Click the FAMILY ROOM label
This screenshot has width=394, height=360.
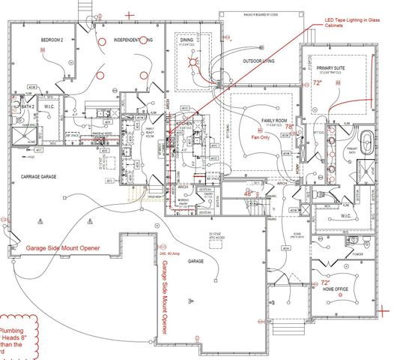pos(269,120)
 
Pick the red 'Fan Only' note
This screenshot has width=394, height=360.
pos(260,138)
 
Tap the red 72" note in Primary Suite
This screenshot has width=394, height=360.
pos(317,83)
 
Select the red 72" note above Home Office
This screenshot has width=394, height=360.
pos(324,283)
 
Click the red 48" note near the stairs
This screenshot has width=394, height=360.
pos(249,193)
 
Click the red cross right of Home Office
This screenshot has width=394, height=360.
pos(383,308)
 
